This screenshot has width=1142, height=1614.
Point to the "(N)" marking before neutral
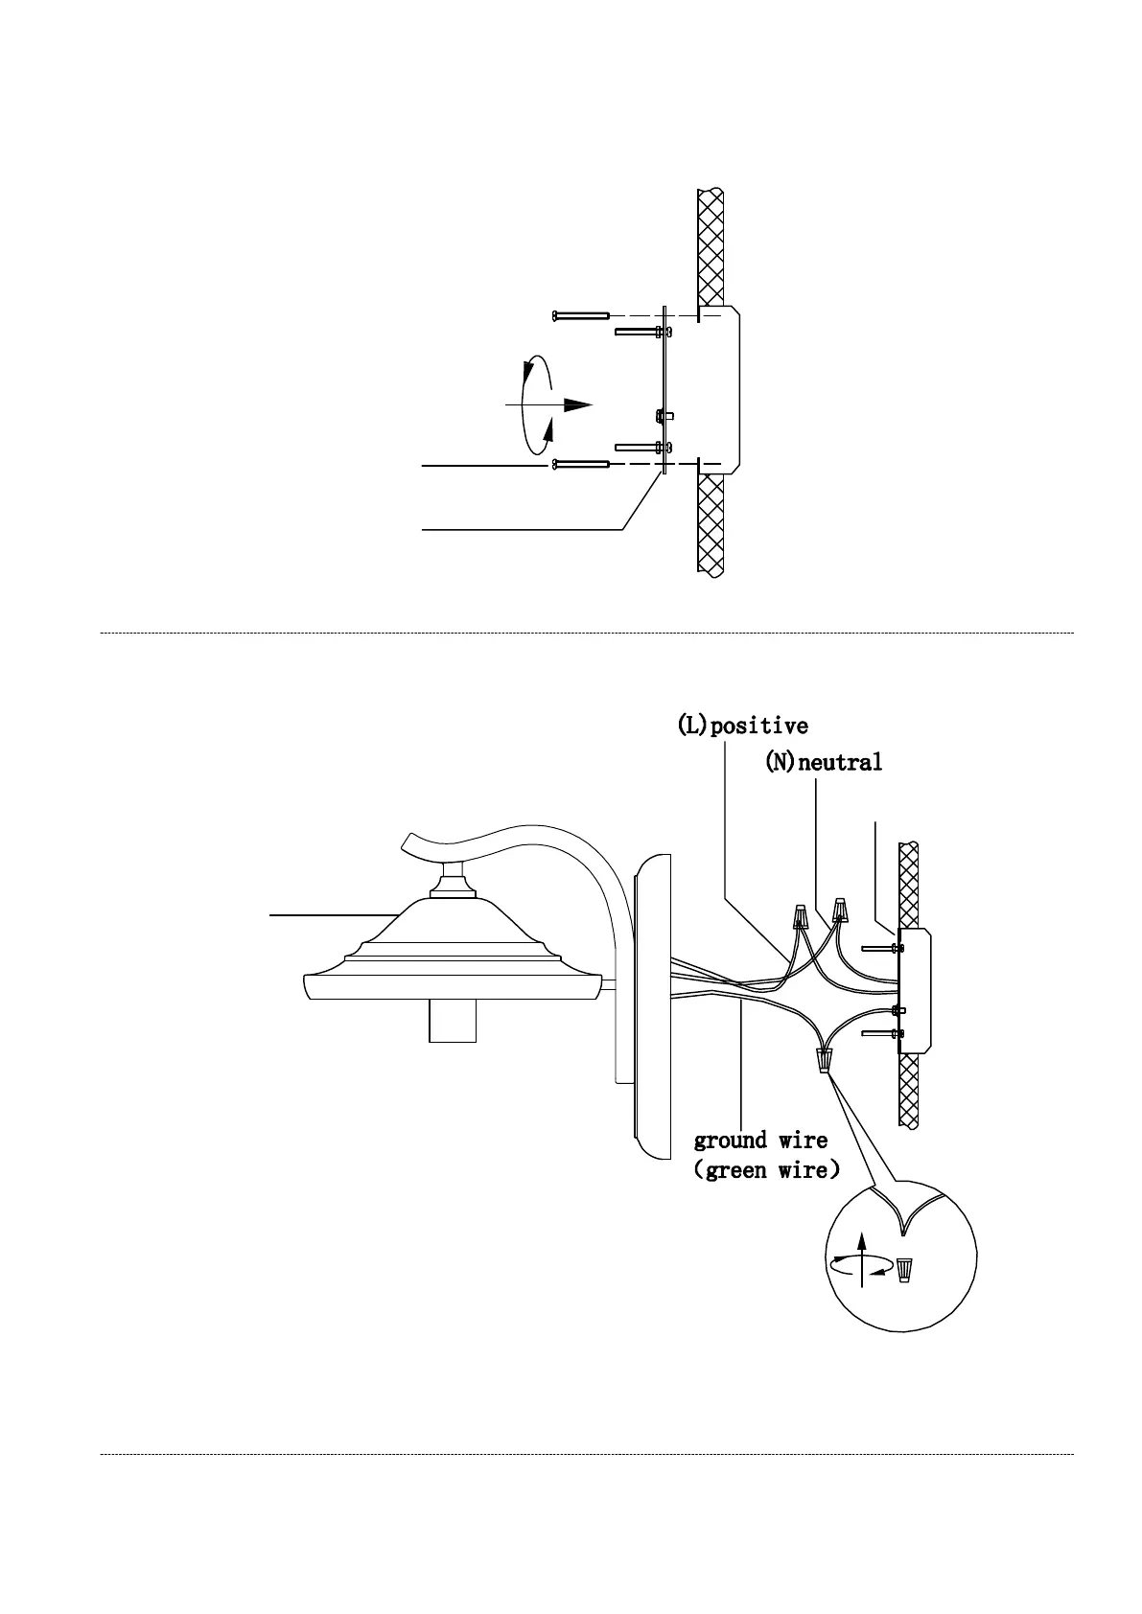tap(780, 763)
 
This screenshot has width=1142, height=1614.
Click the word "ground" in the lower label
tap(731, 1141)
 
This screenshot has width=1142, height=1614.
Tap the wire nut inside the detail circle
tap(904, 1271)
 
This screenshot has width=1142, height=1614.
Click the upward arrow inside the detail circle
tap(861, 1250)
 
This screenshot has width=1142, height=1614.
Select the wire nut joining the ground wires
tap(824, 1060)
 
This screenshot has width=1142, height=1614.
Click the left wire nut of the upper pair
tap(799, 917)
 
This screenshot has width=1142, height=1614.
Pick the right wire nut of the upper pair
tap(841, 907)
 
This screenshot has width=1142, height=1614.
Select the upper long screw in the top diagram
tap(581, 314)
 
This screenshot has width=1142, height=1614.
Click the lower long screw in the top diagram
tap(581, 465)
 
